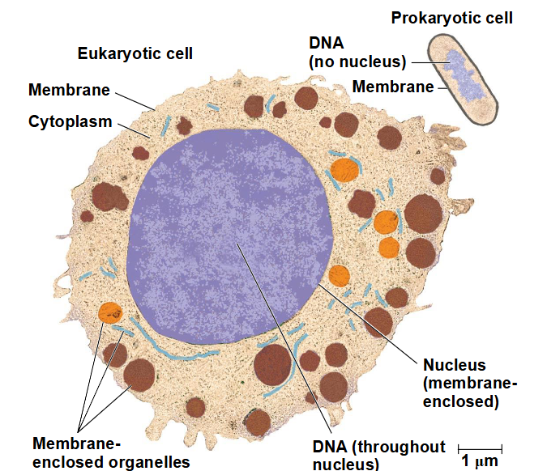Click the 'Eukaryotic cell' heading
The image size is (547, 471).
pos(135,53)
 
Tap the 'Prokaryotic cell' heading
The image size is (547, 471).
pos(451,18)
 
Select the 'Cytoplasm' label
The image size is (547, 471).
pos(71,122)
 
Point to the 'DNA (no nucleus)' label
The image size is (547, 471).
pos(357,53)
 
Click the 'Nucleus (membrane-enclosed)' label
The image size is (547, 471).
pos(470,384)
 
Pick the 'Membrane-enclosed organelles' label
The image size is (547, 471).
pos(111,453)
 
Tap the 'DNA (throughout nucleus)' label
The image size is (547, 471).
pos(379,455)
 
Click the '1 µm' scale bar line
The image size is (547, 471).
pos(480,449)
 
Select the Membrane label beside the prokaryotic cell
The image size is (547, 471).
pos(393,87)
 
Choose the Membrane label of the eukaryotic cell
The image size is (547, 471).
pos(69,90)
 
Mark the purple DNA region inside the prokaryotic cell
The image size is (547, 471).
pos(462,75)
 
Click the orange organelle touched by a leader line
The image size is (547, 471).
pos(110,313)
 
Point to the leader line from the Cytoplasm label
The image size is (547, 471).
pos(135,131)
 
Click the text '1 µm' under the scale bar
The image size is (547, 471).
pos(480,461)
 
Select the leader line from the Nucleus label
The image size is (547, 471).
pos(368,324)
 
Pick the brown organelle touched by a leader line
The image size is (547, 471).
pos(139,375)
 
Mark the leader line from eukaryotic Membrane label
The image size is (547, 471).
pos(135,101)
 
